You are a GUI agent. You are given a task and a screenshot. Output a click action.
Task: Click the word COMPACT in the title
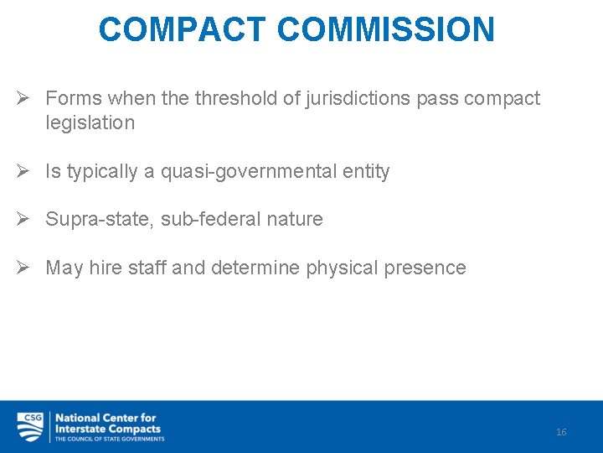click(183, 29)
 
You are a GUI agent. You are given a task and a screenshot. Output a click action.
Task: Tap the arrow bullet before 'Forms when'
click(25, 98)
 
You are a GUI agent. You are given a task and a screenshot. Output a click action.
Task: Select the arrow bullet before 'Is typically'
click(25, 171)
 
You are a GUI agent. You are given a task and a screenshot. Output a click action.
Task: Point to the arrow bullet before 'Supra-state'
click(25, 219)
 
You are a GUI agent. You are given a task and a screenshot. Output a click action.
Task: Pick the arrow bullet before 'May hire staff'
click(25, 268)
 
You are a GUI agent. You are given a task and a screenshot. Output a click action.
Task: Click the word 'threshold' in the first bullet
click(235, 98)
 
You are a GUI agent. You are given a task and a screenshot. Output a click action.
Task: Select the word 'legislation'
click(90, 122)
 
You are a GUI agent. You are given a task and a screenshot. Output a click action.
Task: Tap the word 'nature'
click(293, 220)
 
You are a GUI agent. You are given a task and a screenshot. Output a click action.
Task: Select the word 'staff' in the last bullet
click(147, 268)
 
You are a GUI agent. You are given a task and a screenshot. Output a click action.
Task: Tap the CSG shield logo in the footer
click(31, 426)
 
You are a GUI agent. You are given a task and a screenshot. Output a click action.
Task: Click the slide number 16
click(561, 432)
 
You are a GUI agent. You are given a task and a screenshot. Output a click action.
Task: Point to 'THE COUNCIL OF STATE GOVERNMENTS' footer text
click(109, 438)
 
